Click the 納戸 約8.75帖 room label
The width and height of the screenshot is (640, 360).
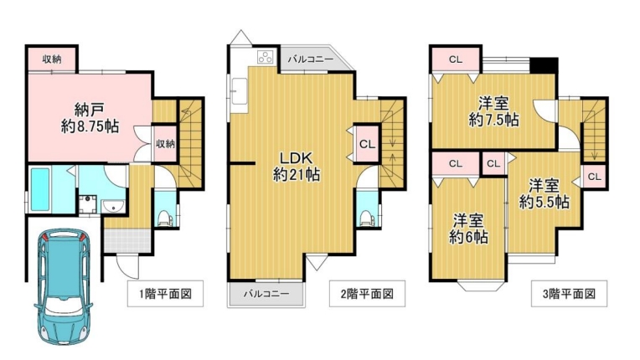click(x=90, y=118)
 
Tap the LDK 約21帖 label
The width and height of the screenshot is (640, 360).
click(x=296, y=167)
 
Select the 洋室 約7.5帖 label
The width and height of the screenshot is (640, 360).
click(x=494, y=111)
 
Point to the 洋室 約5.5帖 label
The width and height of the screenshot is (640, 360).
click(x=544, y=193)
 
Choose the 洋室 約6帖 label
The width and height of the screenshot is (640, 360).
click(x=468, y=229)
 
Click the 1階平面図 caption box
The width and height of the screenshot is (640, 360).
click(x=165, y=294)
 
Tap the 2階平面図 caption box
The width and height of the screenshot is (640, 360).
click(x=368, y=294)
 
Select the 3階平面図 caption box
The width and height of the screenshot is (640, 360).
click(x=569, y=294)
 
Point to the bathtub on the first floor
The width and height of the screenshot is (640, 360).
click(x=40, y=189)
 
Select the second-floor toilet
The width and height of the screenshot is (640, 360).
click(x=366, y=218)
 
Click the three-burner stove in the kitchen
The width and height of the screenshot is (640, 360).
click(x=265, y=57)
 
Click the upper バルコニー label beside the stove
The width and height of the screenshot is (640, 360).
click(x=311, y=59)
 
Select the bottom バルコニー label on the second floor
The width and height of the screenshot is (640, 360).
click(x=266, y=294)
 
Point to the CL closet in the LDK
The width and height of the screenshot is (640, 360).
click(x=367, y=144)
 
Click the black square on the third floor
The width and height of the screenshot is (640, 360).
click(x=544, y=65)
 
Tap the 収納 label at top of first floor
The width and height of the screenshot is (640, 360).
click(x=52, y=59)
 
